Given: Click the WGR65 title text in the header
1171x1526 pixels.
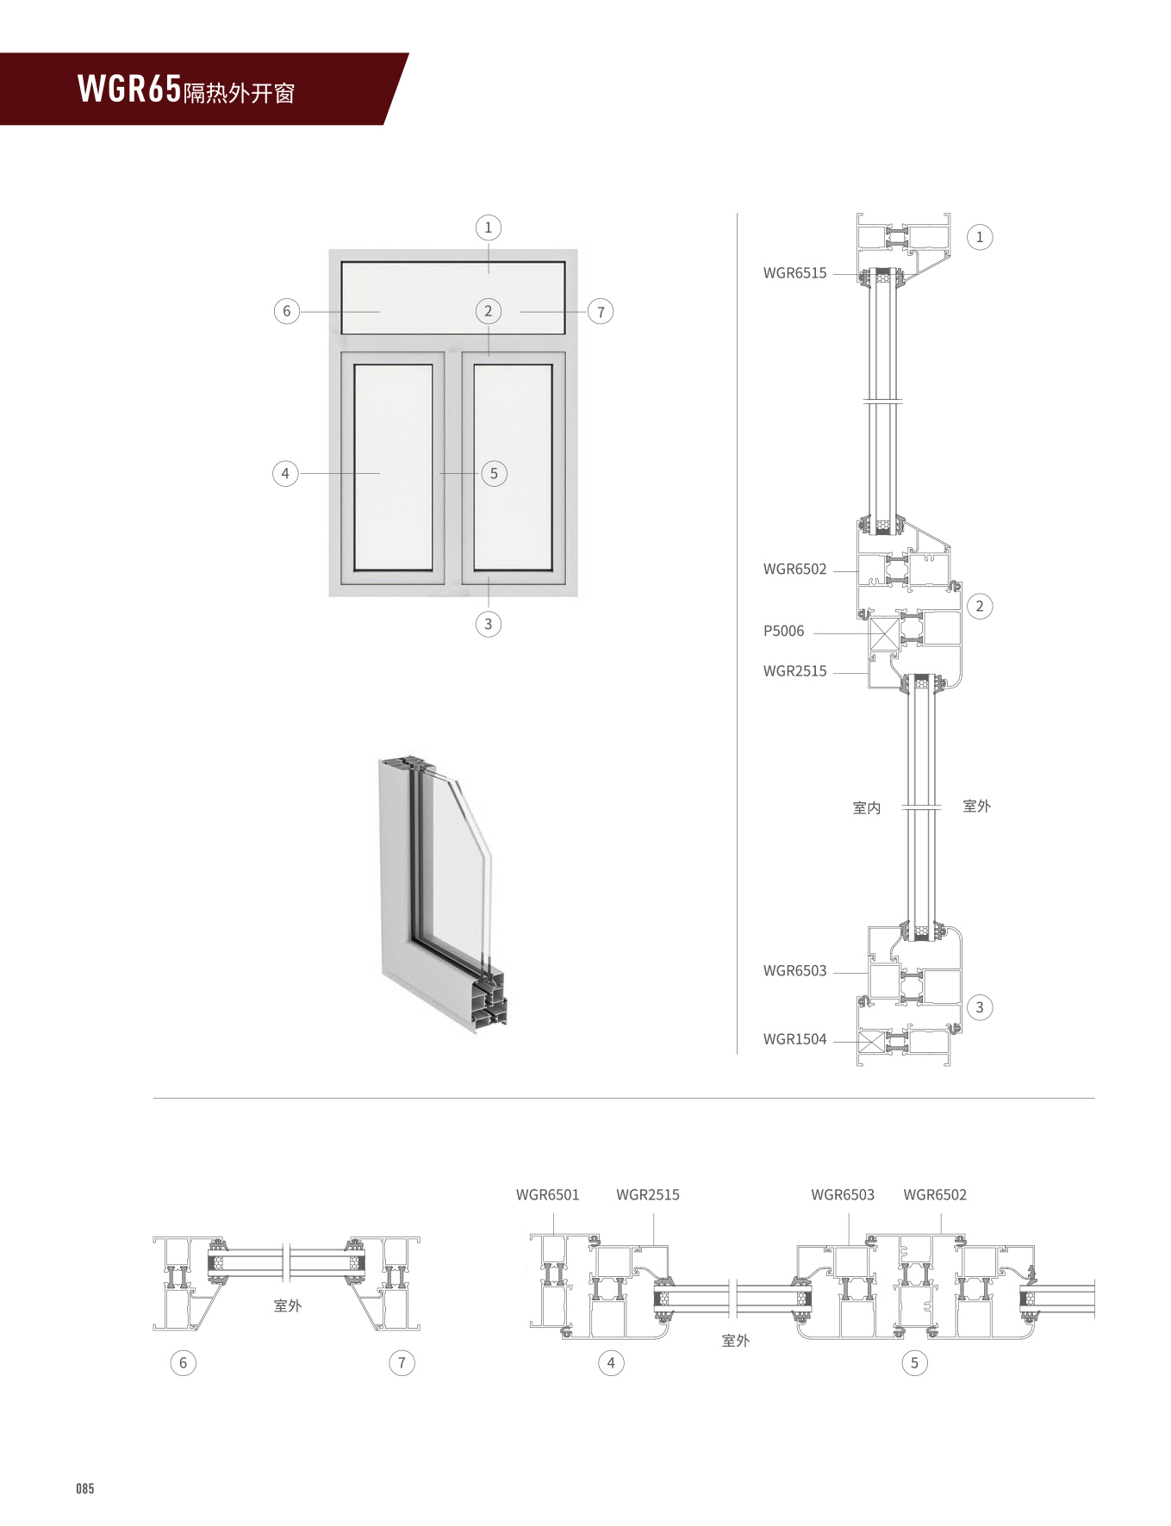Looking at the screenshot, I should [x=129, y=89].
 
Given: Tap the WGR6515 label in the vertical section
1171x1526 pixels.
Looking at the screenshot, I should [x=794, y=273].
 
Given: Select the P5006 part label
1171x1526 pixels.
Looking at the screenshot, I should [x=782, y=632].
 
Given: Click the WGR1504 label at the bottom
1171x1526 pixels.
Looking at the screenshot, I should [x=794, y=1039].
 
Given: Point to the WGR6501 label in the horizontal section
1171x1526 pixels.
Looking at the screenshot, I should [x=547, y=1195].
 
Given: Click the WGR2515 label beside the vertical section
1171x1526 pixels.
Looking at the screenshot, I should [x=794, y=671].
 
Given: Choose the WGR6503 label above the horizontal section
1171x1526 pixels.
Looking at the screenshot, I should [x=842, y=1195].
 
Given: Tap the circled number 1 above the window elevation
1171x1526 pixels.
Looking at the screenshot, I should [x=488, y=227].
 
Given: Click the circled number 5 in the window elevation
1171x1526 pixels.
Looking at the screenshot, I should [x=494, y=473].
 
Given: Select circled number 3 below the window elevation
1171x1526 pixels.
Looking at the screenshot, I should [x=488, y=624].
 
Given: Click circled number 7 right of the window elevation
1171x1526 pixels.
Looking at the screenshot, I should [x=601, y=312].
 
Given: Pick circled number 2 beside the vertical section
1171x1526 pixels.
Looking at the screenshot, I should [x=979, y=607].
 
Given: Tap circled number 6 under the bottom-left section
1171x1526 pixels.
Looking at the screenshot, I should [x=183, y=1363].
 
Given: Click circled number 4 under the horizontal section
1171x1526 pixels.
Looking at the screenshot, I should [x=611, y=1363].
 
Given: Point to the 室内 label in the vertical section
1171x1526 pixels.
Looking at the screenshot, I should [x=866, y=808].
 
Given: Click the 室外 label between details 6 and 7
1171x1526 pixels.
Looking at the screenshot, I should [x=287, y=1306].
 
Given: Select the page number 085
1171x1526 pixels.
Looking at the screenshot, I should [x=84, y=1489].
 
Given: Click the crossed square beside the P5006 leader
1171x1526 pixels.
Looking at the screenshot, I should [x=883, y=634].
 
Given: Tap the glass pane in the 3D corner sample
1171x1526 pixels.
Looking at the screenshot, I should [x=457, y=870].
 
